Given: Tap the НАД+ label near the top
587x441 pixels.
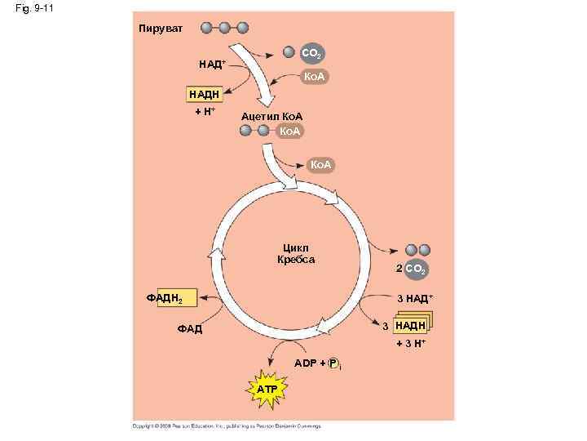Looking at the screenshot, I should point(211,64).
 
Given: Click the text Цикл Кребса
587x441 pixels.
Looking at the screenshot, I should point(296,254).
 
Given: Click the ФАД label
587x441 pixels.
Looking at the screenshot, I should point(189,330).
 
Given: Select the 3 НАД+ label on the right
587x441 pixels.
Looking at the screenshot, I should point(414,299).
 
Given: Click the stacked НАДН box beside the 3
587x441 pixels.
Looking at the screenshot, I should point(411,327).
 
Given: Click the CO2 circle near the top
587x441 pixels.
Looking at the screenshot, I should point(311,54).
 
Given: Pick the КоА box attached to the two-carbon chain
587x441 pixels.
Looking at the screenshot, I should point(289,131).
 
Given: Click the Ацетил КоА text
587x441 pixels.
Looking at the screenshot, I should point(271,117).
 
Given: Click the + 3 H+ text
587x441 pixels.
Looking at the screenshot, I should point(411,345).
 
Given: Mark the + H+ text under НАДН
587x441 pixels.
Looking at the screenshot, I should point(204,110).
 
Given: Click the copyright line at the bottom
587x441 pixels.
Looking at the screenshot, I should point(228,425).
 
